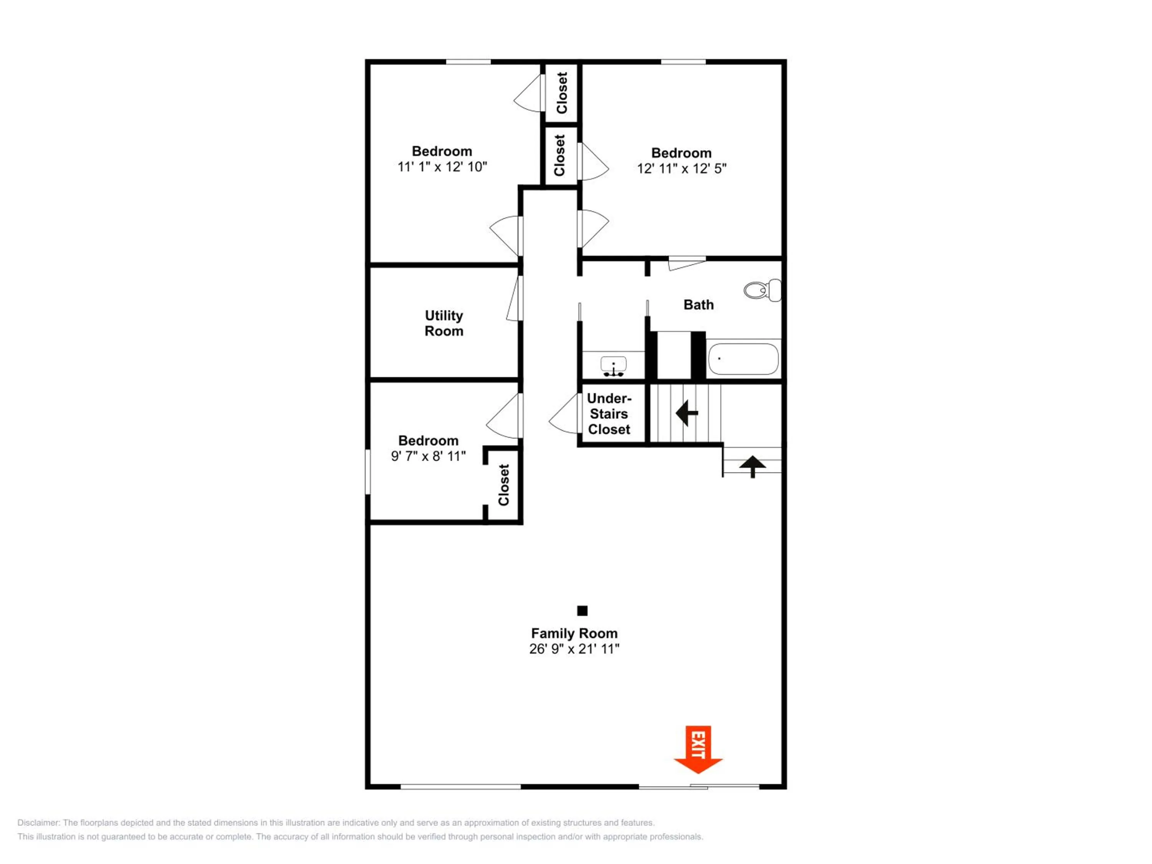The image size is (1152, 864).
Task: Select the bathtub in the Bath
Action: point(743,359)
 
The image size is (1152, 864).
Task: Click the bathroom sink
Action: point(614,366)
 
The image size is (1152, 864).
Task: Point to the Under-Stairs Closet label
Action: point(609,414)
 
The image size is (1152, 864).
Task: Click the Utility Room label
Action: point(444,323)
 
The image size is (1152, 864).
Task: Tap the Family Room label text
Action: point(574,633)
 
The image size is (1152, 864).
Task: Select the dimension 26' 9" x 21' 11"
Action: point(574,649)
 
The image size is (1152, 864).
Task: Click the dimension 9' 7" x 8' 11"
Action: point(428,456)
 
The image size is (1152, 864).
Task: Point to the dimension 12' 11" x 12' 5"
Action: point(681,169)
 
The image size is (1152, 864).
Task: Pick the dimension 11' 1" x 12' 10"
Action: point(442,167)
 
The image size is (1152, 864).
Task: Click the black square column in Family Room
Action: point(582,611)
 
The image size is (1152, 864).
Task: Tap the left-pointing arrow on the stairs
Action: point(687,413)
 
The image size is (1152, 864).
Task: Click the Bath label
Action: point(698,305)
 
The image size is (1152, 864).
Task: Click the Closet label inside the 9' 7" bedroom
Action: point(503,485)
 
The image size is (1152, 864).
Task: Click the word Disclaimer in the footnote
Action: point(38,823)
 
